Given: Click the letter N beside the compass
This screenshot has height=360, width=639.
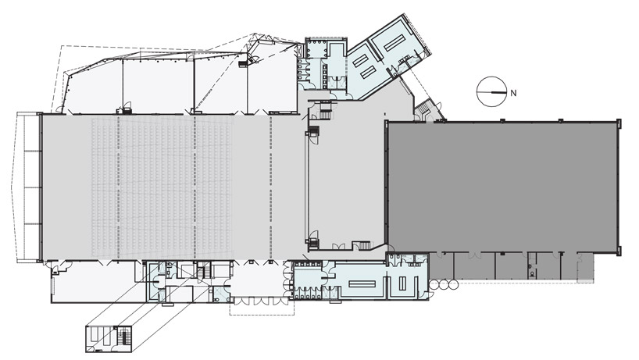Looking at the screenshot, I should pos(512,92).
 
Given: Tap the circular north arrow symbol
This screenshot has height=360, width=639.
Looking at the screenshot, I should pos(491,91).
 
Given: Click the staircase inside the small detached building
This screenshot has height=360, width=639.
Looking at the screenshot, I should pos(123,337).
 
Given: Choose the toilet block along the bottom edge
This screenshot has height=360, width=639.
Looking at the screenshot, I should pos(312,280).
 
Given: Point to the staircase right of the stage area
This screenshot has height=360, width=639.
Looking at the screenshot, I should pos(362,246).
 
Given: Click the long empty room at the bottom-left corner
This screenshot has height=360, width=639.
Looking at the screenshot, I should pos(94,284).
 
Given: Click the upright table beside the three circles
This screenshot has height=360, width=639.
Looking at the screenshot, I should pos(403,282).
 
